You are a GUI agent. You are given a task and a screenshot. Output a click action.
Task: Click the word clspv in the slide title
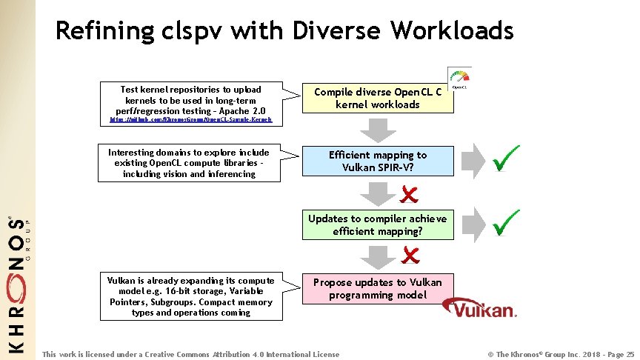tap(195, 31)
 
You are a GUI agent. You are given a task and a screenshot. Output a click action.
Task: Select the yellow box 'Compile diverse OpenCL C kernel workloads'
tap(377, 98)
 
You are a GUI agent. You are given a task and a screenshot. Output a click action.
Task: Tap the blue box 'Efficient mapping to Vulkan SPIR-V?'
tap(377, 161)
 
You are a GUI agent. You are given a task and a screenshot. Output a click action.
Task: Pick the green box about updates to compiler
tap(377, 224)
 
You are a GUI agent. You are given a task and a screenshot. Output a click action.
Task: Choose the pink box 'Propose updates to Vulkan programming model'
tap(377, 288)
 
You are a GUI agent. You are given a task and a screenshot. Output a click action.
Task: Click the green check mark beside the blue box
tap(506, 158)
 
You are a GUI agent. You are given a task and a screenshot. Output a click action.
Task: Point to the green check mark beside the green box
tap(506, 221)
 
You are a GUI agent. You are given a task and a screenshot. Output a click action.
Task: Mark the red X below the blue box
tap(409, 194)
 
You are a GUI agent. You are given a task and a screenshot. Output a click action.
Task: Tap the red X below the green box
tap(409, 256)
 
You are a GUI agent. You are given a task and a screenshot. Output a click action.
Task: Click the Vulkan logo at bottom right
tap(484, 308)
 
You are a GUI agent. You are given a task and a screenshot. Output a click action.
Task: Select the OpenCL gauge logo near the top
tap(459, 78)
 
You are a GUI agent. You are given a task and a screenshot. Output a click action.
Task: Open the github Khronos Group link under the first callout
tap(190, 119)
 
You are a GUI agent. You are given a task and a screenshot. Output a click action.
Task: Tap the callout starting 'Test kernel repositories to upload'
tap(190, 99)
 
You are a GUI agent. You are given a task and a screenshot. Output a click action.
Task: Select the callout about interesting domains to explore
tap(190, 163)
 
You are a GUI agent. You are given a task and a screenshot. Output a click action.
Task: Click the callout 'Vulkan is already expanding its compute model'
tap(191, 296)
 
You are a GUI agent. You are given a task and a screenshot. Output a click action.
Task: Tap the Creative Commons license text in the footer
tap(190, 354)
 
